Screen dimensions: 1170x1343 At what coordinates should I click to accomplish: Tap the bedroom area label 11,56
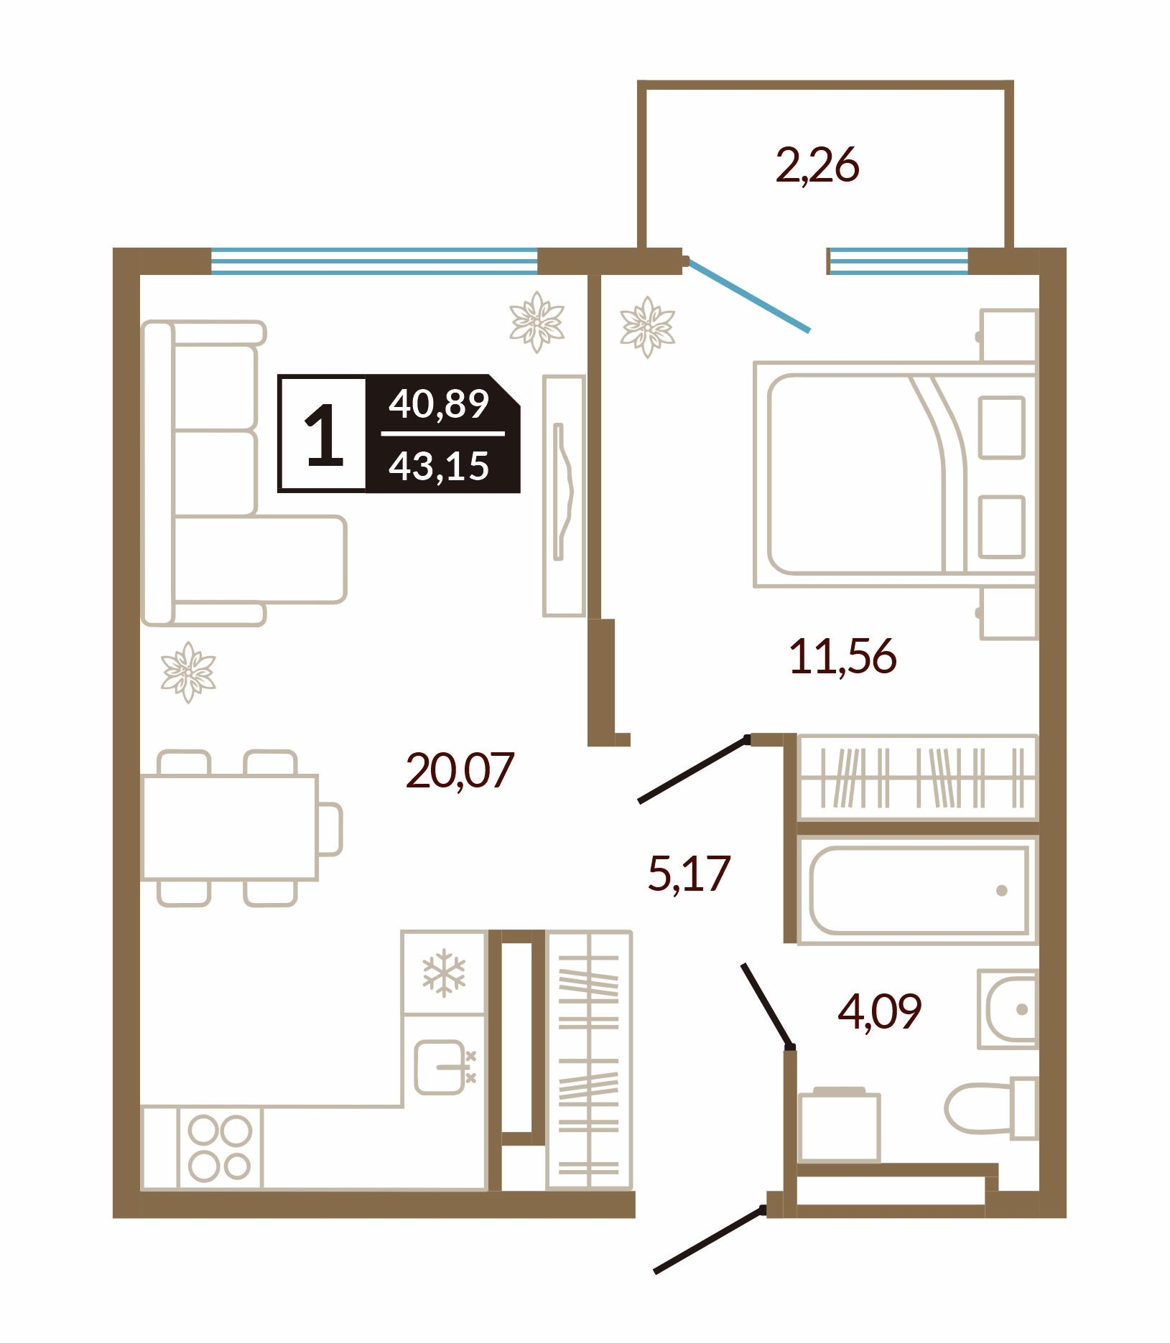click(x=843, y=657)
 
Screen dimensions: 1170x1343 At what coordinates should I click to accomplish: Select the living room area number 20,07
click(x=460, y=771)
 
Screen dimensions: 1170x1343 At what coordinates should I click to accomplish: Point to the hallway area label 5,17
click(x=689, y=874)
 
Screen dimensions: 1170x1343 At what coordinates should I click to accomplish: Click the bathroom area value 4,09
click(x=880, y=1011)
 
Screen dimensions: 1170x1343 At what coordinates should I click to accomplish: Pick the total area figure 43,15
click(x=439, y=466)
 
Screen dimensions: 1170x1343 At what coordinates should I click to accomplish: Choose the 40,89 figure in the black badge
click(x=439, y=404)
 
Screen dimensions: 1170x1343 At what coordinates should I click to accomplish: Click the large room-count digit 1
click(x=324, y=434)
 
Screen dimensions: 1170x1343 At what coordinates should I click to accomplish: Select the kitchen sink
click(x=440, y=1067)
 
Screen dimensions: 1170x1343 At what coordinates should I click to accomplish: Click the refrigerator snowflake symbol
click(x=444, y=973)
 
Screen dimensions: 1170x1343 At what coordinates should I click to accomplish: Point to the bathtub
click(x=919, y=890)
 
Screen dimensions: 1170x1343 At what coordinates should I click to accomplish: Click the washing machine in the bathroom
click(x=839, y=1124)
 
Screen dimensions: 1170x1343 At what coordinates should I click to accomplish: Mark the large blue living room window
click(x=374, y=261)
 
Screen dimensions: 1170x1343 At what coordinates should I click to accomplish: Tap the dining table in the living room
click(x=230, y=827)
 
